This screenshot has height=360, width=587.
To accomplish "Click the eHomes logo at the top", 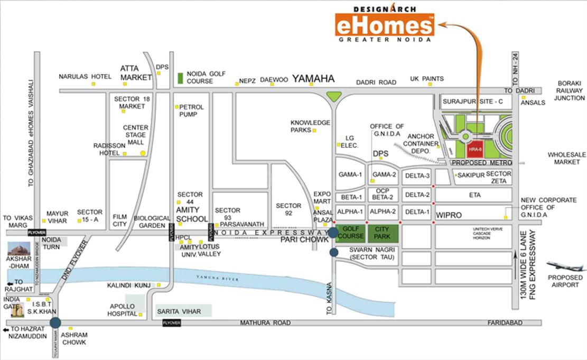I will (385, 25).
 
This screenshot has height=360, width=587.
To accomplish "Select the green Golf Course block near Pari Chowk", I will (351, 233).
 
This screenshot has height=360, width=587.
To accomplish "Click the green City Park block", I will (383, 233).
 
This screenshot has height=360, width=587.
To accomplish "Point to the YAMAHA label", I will (313, 79).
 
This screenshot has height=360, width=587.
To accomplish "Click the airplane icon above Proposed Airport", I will (565, 265).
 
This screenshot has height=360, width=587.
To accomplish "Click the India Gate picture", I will (18, 311).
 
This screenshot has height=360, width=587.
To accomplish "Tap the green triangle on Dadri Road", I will (334, 97).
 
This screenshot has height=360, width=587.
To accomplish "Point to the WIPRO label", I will (449, 216).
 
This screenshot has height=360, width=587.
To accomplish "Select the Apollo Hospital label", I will (123, 310).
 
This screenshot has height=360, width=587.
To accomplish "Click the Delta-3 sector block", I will (417, 176).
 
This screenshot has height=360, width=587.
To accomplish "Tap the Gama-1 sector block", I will (350, 175).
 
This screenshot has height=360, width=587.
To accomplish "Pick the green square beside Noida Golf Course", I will (180, 78).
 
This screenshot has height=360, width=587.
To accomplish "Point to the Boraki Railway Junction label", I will (569, 90).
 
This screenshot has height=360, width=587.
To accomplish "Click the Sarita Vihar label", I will (179, 311).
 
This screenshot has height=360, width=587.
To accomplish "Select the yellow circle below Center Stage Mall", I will (143, 153).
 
